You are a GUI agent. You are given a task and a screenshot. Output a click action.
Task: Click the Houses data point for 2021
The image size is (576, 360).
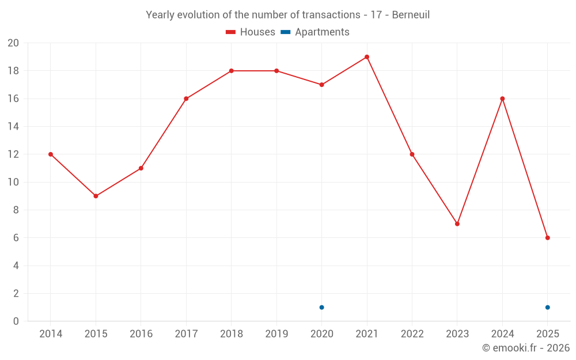(367, 57)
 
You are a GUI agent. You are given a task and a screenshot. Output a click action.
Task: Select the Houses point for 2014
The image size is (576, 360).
(51, 154)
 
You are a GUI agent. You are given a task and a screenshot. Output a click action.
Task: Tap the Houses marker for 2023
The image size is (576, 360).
(457, 224)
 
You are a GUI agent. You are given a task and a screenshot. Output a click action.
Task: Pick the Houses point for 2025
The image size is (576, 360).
(548, 238)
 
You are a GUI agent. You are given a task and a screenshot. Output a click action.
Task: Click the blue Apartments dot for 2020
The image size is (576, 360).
(321, 308)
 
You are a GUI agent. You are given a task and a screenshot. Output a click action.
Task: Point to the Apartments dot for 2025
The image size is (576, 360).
(548, 308)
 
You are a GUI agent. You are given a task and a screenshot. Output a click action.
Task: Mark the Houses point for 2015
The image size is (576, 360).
(96, 196)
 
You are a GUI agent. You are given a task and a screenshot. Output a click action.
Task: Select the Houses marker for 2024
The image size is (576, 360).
(502, 98)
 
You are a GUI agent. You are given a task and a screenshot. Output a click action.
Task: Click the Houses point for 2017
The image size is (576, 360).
(186, 98)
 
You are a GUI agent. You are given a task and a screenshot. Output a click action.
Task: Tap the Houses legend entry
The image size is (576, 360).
(251, 32)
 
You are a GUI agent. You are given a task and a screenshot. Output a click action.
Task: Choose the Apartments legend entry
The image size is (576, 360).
(315, 32)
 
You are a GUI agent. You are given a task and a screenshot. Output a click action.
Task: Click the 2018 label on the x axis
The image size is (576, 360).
(231, 334)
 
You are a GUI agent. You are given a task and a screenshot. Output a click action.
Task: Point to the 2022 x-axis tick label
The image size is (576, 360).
(412, 334)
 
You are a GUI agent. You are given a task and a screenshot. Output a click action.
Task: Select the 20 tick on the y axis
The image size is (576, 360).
(13, 43)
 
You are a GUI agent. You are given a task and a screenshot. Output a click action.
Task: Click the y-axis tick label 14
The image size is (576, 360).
(13, 127)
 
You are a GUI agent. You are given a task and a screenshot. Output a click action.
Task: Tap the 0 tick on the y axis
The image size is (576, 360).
(16, 321)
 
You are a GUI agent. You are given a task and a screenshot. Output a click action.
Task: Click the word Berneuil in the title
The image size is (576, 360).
(411, 15)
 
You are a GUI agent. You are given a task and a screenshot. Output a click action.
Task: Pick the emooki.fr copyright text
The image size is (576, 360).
(526, 348)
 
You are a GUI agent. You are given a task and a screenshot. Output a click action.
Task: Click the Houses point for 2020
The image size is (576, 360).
(321, 85)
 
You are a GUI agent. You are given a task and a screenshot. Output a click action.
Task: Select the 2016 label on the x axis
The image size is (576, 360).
(141, 334)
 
